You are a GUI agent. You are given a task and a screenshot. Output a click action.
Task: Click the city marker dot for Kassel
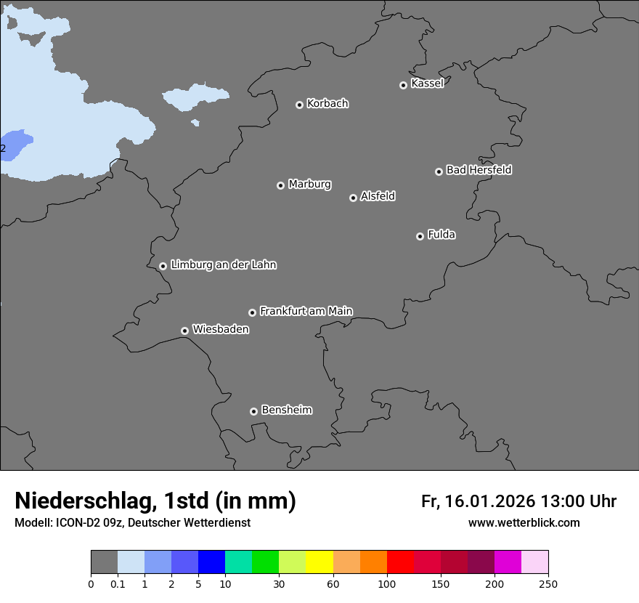tap(403, 86)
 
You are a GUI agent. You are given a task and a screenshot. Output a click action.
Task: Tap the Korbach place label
tap(327, 104)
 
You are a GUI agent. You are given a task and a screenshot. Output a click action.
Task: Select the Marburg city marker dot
tap(280, 185)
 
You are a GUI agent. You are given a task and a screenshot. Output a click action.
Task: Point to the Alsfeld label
tap(378, 196)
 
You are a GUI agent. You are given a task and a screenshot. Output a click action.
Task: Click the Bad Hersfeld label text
tap(479, 170)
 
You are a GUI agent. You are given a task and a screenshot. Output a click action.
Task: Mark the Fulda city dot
tap(420, 236)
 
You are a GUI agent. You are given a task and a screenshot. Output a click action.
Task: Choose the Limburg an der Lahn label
tap(223, 265)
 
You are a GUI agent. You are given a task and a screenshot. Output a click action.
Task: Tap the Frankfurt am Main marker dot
tap(252, 312)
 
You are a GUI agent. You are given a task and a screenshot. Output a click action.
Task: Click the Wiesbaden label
tap(220, 330)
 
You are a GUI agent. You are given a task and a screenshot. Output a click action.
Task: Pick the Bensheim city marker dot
tap(253, 411)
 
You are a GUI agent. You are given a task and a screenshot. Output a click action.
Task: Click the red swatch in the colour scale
tap(400, 562)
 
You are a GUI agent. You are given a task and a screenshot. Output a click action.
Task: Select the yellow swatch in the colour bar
tap(319, 562)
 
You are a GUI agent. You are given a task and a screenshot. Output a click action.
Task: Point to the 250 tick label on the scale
tap(548, 583)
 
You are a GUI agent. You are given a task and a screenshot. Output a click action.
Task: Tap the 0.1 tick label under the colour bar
tap(118, 583)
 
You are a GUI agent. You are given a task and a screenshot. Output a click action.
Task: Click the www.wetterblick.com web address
tap(524, 523)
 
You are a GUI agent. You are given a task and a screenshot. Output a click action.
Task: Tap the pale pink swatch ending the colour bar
tap(534, 562)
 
